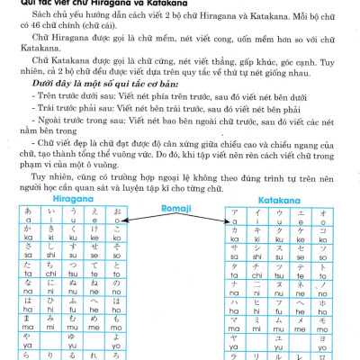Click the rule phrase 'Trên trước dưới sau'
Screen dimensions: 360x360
click(73, 95)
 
